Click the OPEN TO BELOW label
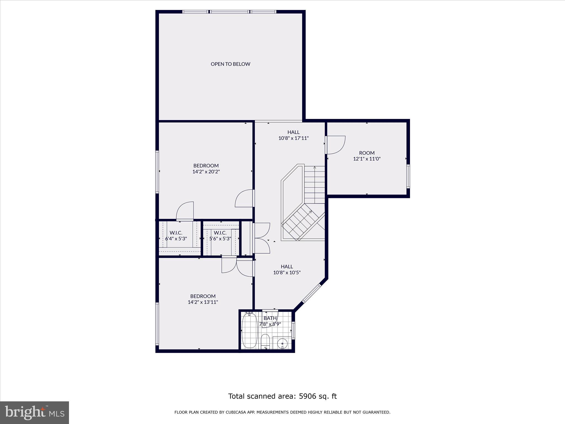pyautogui.click(x=230, y=64)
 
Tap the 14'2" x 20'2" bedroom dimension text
pyautogui.click(x=206, y=172)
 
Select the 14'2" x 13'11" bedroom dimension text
pyautogui.click(x=203, y=302)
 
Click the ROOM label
pyautogui.click(x=367, y=153)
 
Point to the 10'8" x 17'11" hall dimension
pyautogui.click(x=293, y=138)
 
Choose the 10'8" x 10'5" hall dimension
pyautogui.click(x=287, y=272)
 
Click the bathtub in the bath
pyautogui.click(x=250, y=330)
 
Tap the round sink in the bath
pyautogui.click(x=282, y=344)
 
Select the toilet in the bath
pyautogui.click(x=265, y=341)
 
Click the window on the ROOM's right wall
pyautogui.click(x=408, y=176)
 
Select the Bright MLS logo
pyautogui.click(x=34, y=412)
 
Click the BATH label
pyautogui.click(x=270, y=318)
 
